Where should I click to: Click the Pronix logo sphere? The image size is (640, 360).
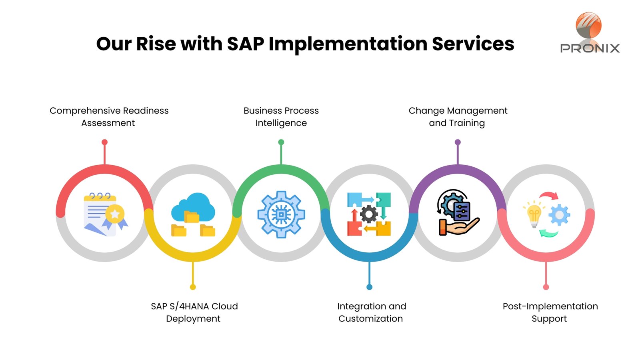[x=588, y=25]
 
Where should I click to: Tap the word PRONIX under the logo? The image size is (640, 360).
[x=590, y=48]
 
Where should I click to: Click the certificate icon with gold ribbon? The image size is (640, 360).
[x=106, y=214]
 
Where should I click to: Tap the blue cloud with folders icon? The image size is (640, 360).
[x=193, y=214]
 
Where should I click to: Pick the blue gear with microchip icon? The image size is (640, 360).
[x=281, y=214]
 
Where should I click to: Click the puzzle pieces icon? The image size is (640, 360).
[x=369, y=214]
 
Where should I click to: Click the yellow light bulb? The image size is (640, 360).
[x=534, y=214]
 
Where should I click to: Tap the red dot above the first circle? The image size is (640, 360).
[x=104, y=142]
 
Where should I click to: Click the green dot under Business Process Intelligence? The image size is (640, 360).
[x=281, y=142]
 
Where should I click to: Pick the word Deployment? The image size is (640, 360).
[x=193, y=319]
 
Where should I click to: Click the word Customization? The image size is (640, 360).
[x=370, y=318]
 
